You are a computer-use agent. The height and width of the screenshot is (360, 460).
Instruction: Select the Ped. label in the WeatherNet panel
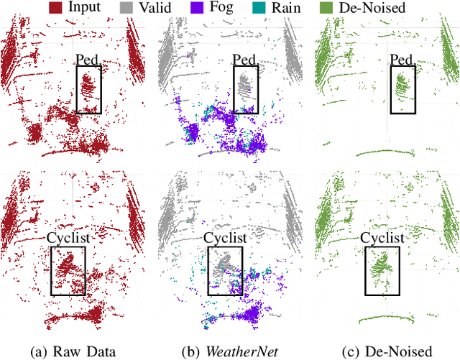(x=247, y=58)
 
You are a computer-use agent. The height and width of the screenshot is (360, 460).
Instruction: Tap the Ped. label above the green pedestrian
(x=402, y=58)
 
